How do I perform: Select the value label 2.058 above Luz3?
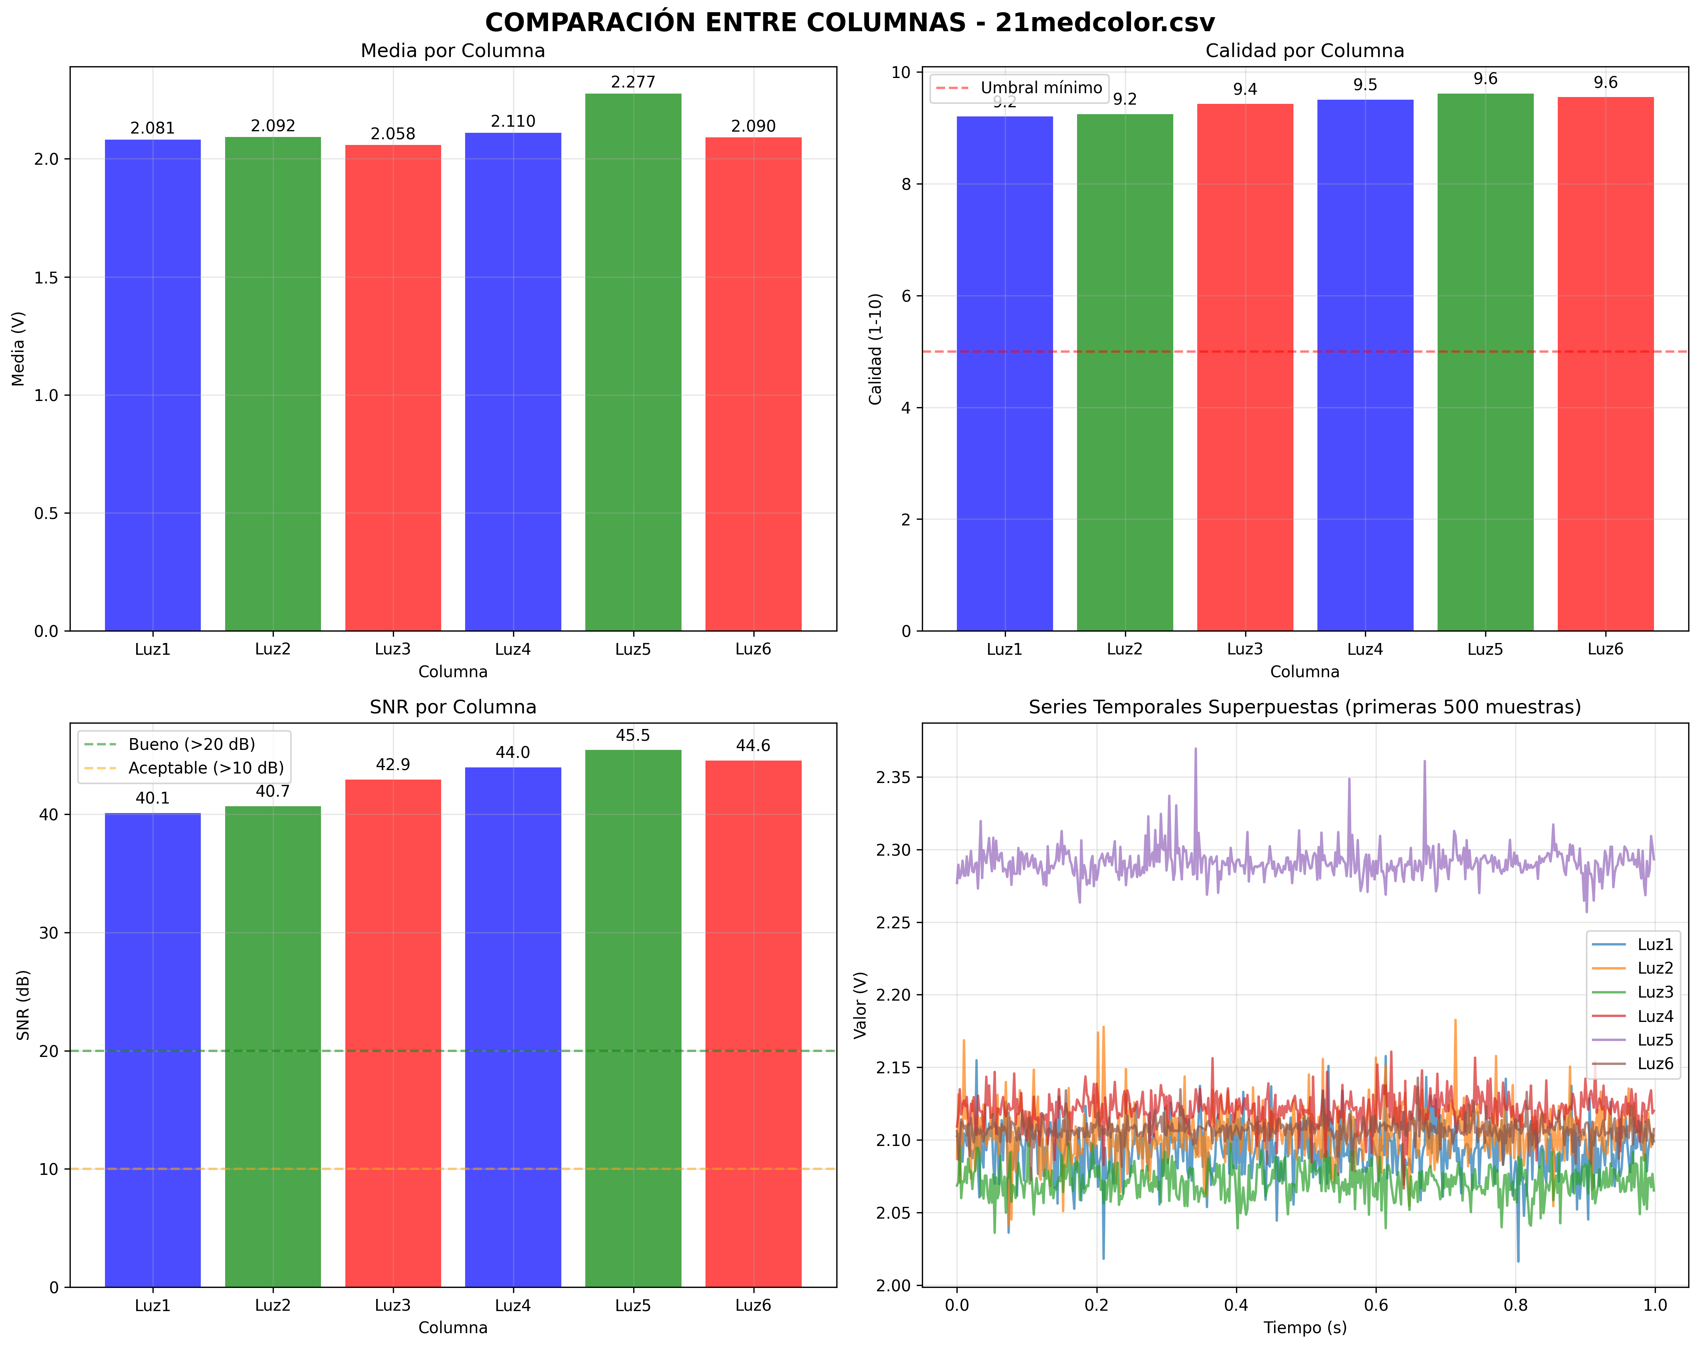[x=392, y=134]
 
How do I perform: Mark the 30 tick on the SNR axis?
[x=49, y=933]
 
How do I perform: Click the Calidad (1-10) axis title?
[x=875, y=349]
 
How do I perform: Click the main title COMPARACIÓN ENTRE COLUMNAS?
[x=849, y=22]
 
